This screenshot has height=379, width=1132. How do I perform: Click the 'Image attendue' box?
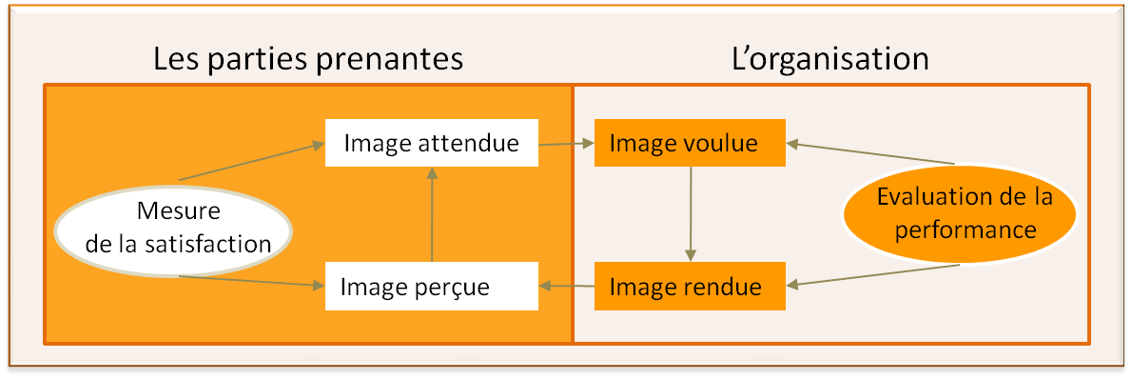(432, 143)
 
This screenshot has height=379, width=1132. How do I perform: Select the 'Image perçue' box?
(432, 286)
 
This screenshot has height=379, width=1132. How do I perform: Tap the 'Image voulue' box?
(689, 143)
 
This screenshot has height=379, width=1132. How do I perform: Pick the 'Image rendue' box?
(689, 286)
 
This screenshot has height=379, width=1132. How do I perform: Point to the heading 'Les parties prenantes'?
(307, 59)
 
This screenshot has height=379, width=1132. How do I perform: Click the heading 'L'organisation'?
(829, 59)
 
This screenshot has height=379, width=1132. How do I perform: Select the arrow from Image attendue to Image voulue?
(566, 144)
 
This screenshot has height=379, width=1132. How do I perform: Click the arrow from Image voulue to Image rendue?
(690, 214)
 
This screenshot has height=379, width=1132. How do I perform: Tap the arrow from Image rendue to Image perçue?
(566, 286)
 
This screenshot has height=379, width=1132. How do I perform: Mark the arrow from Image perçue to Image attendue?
(432, 214)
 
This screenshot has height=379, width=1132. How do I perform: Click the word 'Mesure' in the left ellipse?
(178, 210)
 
